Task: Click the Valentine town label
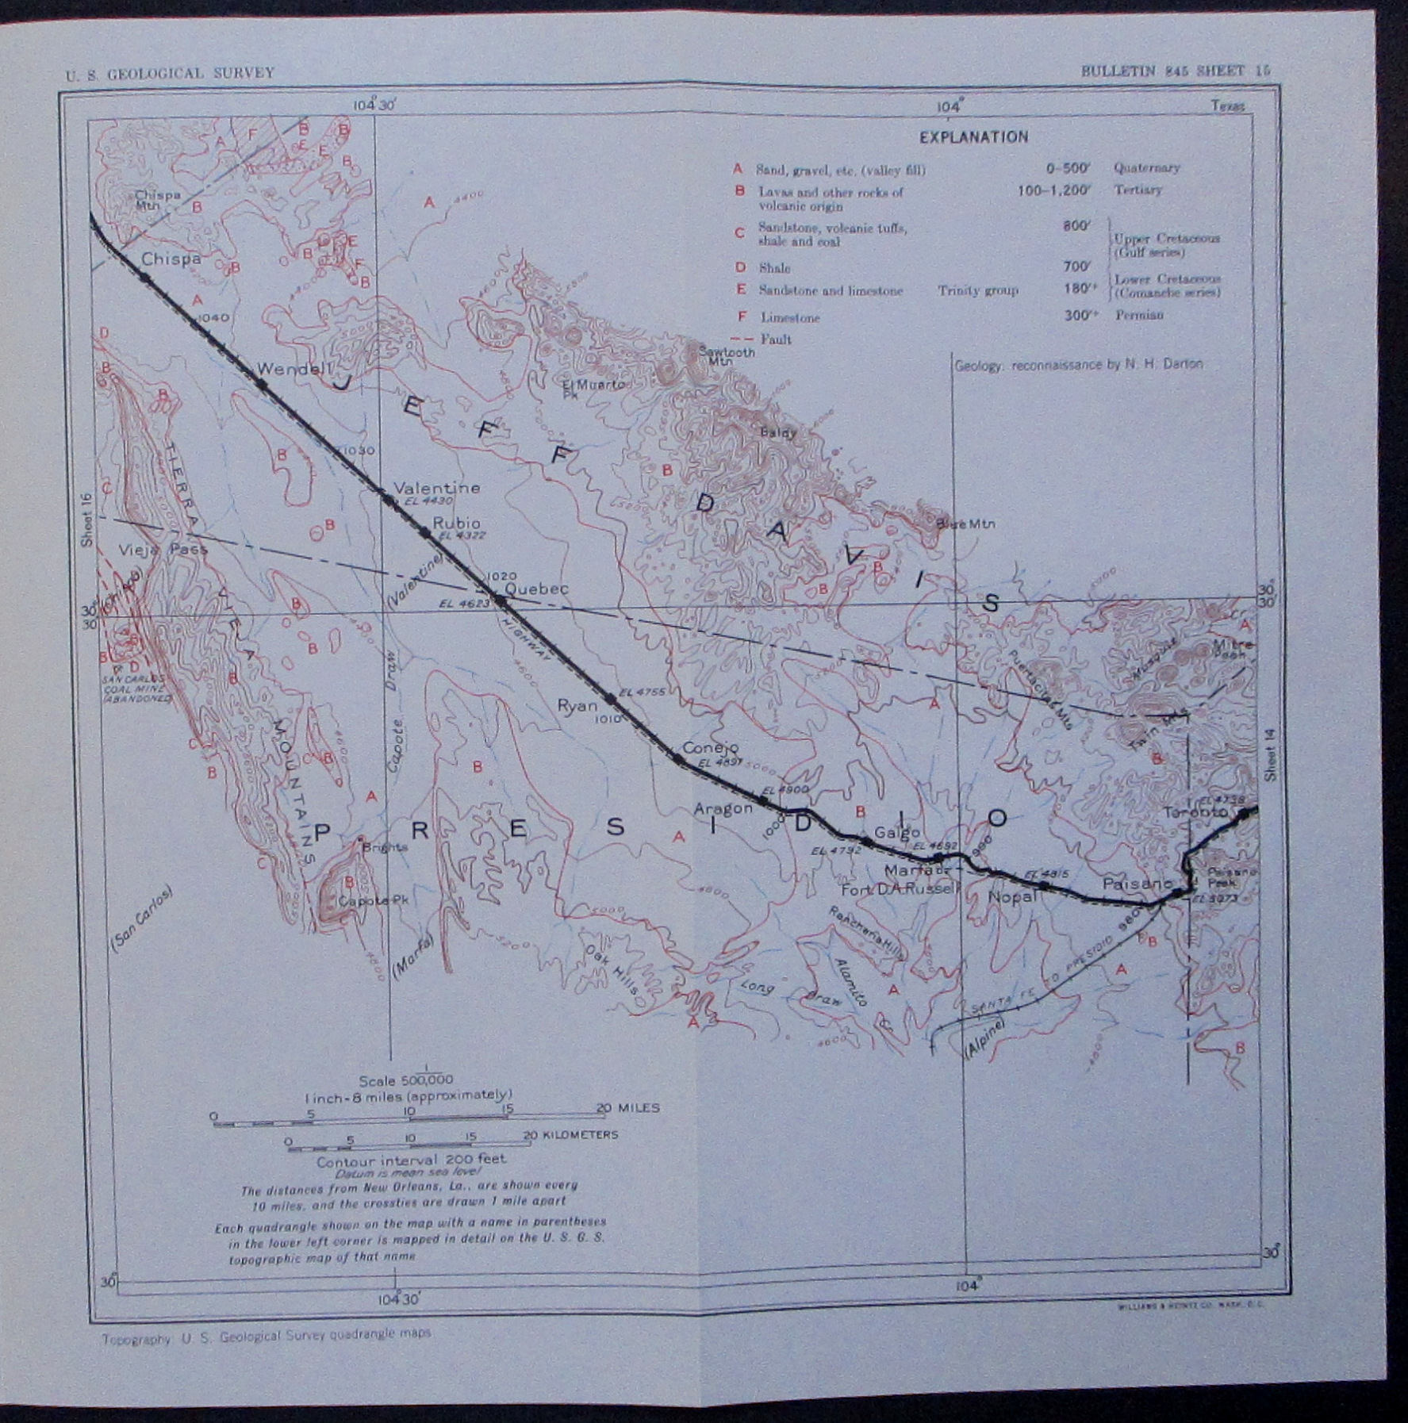click(x=437, y=487)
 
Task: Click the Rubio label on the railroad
click(x=456, y=523)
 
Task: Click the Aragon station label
click(x=723, y=808)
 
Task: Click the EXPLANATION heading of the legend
click(x=973, y=137)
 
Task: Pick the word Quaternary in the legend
click(x=1146, y=167)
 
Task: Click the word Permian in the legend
click(x=1138, y=315)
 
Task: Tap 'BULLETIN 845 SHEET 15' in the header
click(x=1176, y=71)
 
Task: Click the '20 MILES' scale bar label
click(x=629, y=1108)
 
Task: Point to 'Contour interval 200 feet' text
click(x=410, y=1160)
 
